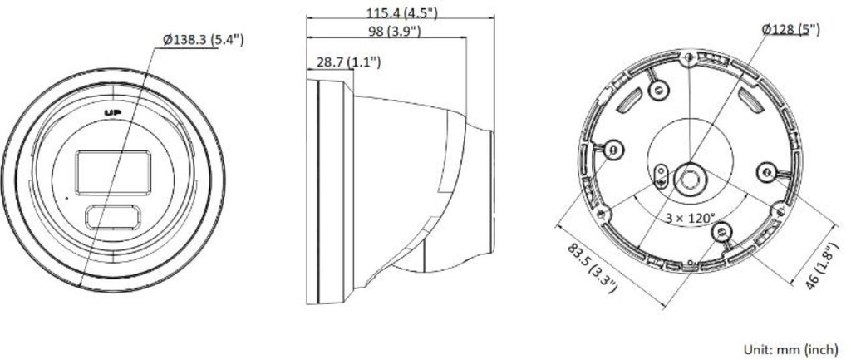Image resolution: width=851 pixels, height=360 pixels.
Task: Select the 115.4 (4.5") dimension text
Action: [x=401, y=12]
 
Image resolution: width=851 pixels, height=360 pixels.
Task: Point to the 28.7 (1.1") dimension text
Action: [x=348, y=62]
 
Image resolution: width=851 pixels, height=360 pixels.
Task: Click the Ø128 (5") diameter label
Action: [x=790, y=29]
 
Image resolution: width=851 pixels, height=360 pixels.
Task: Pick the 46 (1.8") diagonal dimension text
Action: [x=823, y=265]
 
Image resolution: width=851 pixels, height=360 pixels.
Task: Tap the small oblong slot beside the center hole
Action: [x=661, y=171]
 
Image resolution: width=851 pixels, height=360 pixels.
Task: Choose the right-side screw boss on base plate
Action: [x=765, y=170]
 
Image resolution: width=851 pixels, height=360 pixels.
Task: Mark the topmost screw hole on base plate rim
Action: [x=689, y=58]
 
